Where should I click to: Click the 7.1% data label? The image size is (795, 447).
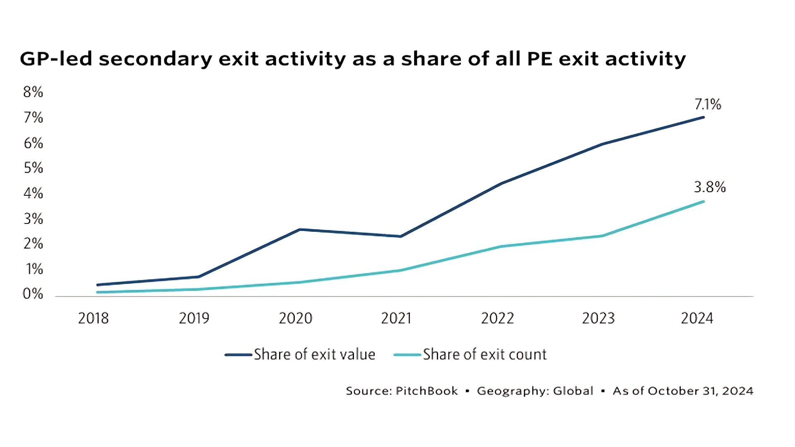coord(708,105)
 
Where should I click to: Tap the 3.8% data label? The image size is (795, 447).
coord(710,187)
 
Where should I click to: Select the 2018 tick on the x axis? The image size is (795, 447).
coord(93,318)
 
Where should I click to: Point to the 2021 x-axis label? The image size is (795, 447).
coord(396,318)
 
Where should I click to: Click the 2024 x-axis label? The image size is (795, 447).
coord(697,318)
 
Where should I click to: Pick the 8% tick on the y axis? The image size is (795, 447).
coord(33,92)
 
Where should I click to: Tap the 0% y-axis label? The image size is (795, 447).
coord(33,294)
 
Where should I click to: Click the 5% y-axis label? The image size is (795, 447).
coord(33,168)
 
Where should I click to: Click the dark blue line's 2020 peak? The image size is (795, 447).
coord(299,229)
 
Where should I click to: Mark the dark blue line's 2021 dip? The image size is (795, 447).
coord(400,236)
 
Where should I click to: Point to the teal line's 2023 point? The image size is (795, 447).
coord(601,236)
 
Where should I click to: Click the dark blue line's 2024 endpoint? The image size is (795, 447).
coord(703,117)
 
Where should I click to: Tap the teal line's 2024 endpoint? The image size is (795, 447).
coord(703,202)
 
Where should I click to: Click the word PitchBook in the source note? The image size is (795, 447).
coord(426,391)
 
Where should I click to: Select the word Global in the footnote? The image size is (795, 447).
coord(573,391)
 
